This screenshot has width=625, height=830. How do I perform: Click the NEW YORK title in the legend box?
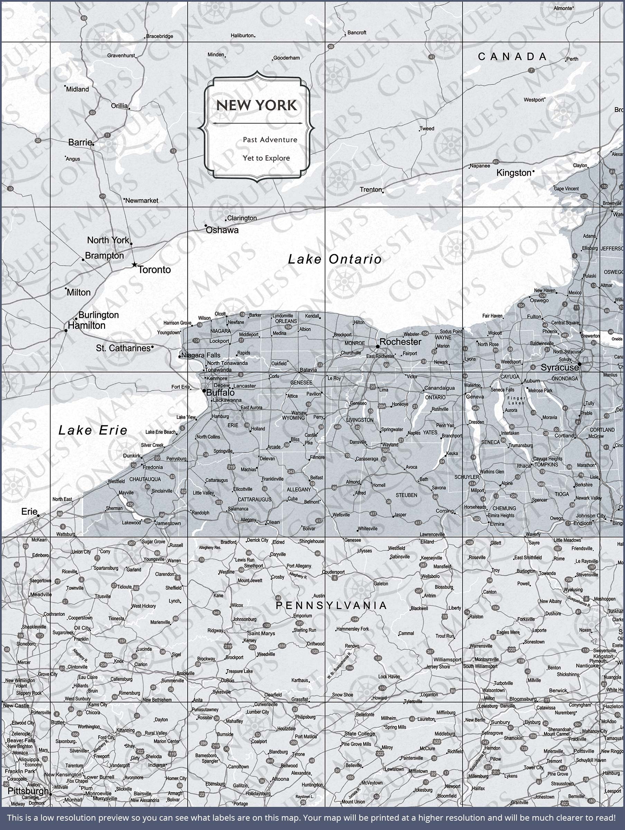click(256, 105)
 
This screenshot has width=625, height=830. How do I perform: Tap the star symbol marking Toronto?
click(134, 265)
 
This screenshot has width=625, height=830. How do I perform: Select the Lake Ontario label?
click(335, 259)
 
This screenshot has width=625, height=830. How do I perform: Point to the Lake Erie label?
click(93, 430)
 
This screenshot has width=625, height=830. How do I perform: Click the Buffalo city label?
click(221, 393)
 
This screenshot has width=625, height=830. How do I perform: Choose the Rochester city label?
click(400, 341)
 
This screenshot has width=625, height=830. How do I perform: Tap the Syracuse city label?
click(559, 368)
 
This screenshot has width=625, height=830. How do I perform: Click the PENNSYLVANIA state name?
click(331, 605)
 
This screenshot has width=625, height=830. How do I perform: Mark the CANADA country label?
click(512, 57)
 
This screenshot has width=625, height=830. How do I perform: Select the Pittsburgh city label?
click(28, 791)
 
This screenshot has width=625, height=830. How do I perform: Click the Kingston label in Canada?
click(514, 173)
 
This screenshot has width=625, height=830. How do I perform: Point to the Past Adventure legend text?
click(270, 140)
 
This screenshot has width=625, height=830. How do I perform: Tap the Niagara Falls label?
click(201, 355)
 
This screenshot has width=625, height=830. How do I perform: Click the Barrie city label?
click(80, 142)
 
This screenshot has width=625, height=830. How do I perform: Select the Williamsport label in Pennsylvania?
click(447, 659)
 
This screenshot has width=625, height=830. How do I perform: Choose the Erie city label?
click(29, 511)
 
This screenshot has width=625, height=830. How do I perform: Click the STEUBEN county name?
click(406, 495)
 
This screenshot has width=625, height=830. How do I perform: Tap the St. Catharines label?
click(123, 348)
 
